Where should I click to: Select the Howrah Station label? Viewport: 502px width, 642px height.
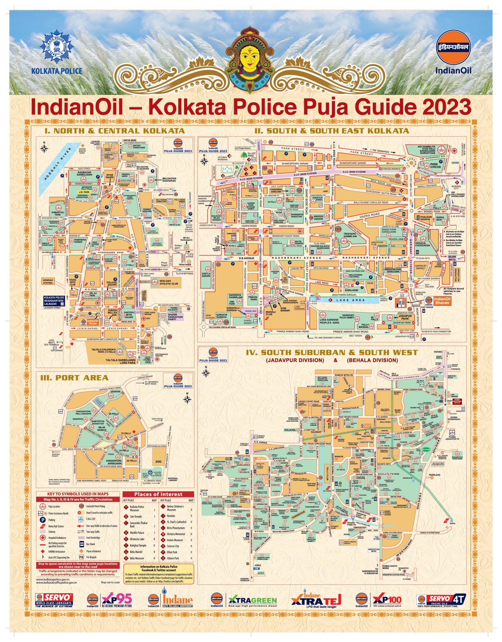[48, 281]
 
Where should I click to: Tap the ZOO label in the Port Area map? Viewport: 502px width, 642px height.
[159, 462]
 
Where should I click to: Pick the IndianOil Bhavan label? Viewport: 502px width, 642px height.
[442, 301]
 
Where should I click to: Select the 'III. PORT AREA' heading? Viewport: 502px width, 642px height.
[74, 378]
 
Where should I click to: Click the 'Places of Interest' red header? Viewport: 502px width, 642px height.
[158, 494]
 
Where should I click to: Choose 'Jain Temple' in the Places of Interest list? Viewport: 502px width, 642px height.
[136, 516]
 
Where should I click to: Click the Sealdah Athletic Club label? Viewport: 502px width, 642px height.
[168, 282]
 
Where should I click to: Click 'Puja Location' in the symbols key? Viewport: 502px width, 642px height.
[54, 506]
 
